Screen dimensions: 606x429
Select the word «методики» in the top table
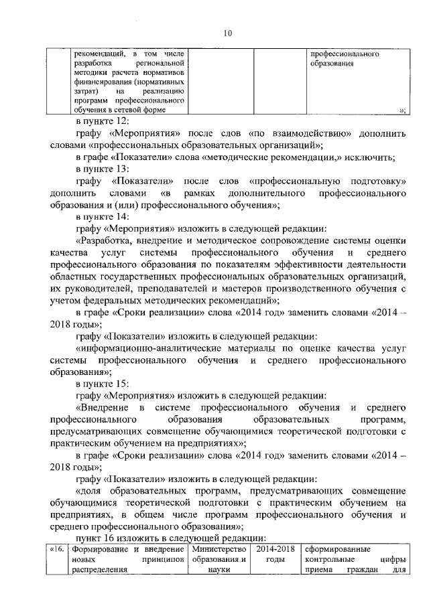click(x=89, y=72)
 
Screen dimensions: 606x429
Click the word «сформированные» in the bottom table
click(x=336, y=551)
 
